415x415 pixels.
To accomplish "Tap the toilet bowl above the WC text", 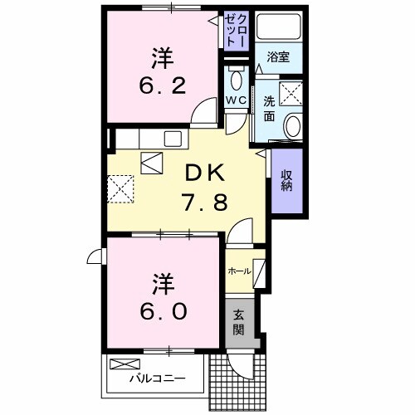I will click(236, 81).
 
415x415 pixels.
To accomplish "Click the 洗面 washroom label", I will click(269, 107).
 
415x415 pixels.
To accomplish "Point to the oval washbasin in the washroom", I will click(292, 124).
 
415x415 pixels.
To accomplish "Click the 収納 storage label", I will click(286, 179).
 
